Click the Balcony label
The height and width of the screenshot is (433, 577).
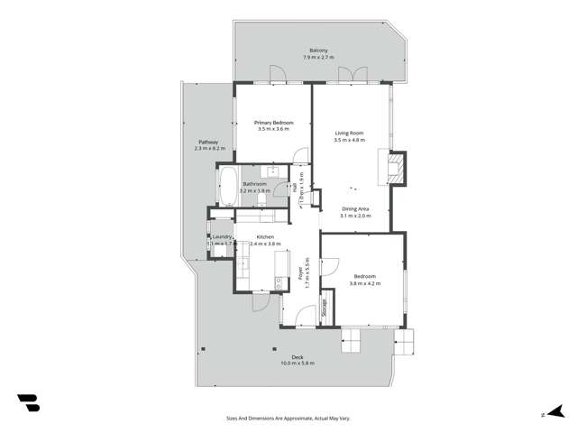coord(318,50)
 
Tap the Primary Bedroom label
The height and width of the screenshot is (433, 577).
coord(272,123)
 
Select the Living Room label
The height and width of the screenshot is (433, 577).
coord(349,133)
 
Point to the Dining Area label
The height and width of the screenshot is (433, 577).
coord(355,209)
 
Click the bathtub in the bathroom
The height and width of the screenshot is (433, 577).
coord(227,186)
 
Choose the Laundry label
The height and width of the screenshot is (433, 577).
coord(222,237)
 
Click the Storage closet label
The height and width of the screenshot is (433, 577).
coord(325,307)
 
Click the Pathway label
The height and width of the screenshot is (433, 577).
coord(207,142)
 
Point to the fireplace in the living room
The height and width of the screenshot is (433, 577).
coord(394,168)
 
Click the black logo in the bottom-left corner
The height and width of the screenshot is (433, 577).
coord(28,403)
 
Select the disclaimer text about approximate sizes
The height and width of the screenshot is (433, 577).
coord(288,419)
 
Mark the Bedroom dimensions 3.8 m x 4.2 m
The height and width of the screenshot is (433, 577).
coord(364,283)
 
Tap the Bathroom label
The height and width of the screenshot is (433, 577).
coord(255,184)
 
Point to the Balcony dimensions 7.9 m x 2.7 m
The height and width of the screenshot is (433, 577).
coord(318,58)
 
